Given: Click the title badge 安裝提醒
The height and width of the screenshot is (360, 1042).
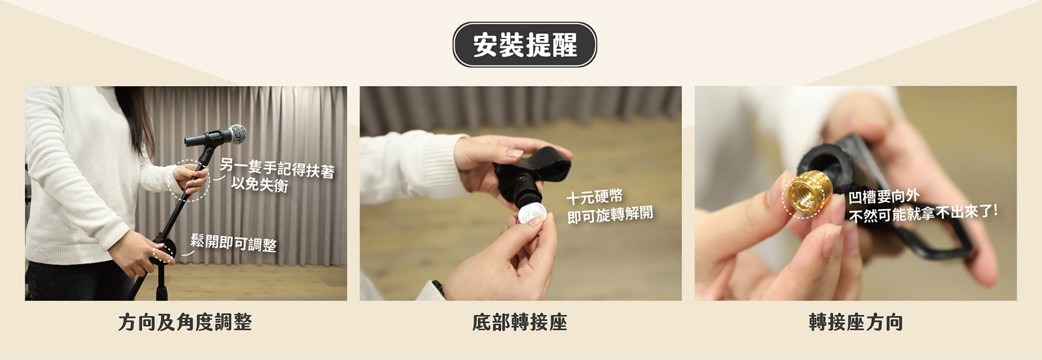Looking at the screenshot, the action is click(x=524, y=45).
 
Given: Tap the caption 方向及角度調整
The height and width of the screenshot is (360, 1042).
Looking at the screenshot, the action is click(x=185, y=322).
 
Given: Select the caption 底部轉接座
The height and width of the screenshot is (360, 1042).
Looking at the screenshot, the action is click(x=520, y=322).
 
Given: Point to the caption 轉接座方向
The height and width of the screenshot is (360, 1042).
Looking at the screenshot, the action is click(x=856, y=322).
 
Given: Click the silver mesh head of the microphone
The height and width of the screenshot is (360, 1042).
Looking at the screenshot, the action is click(x=238, y=134).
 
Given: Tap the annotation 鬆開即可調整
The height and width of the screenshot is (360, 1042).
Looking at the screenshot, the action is click(x=234, y=243).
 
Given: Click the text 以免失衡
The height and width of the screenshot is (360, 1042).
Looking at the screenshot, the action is click(x=260, y=184).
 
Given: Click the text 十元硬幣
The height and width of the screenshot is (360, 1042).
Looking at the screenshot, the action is click(x=595, y=197).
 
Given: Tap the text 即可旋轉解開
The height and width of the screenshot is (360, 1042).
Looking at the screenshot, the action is click(x=610, y=214).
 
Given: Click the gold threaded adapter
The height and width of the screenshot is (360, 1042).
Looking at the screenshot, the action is click(x=810, y=193).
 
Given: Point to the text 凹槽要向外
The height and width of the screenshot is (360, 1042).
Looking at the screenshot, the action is click(x=883, y=197).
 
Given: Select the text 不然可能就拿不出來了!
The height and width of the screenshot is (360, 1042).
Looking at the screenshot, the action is click(x=923, y=214).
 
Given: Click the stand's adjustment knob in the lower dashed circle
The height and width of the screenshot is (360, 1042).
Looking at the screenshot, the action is click(x=165, y=250).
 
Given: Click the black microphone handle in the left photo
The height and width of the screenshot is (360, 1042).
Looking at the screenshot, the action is click(x=208, y=137).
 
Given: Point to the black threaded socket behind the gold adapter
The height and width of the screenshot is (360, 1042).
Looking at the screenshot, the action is click(x=823, y=165).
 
